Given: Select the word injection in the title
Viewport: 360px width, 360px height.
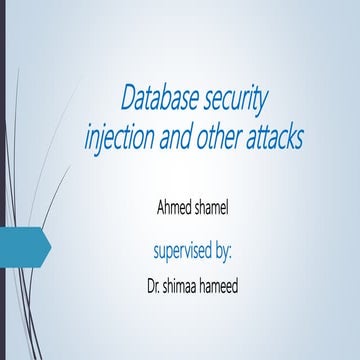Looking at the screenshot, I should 120,137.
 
